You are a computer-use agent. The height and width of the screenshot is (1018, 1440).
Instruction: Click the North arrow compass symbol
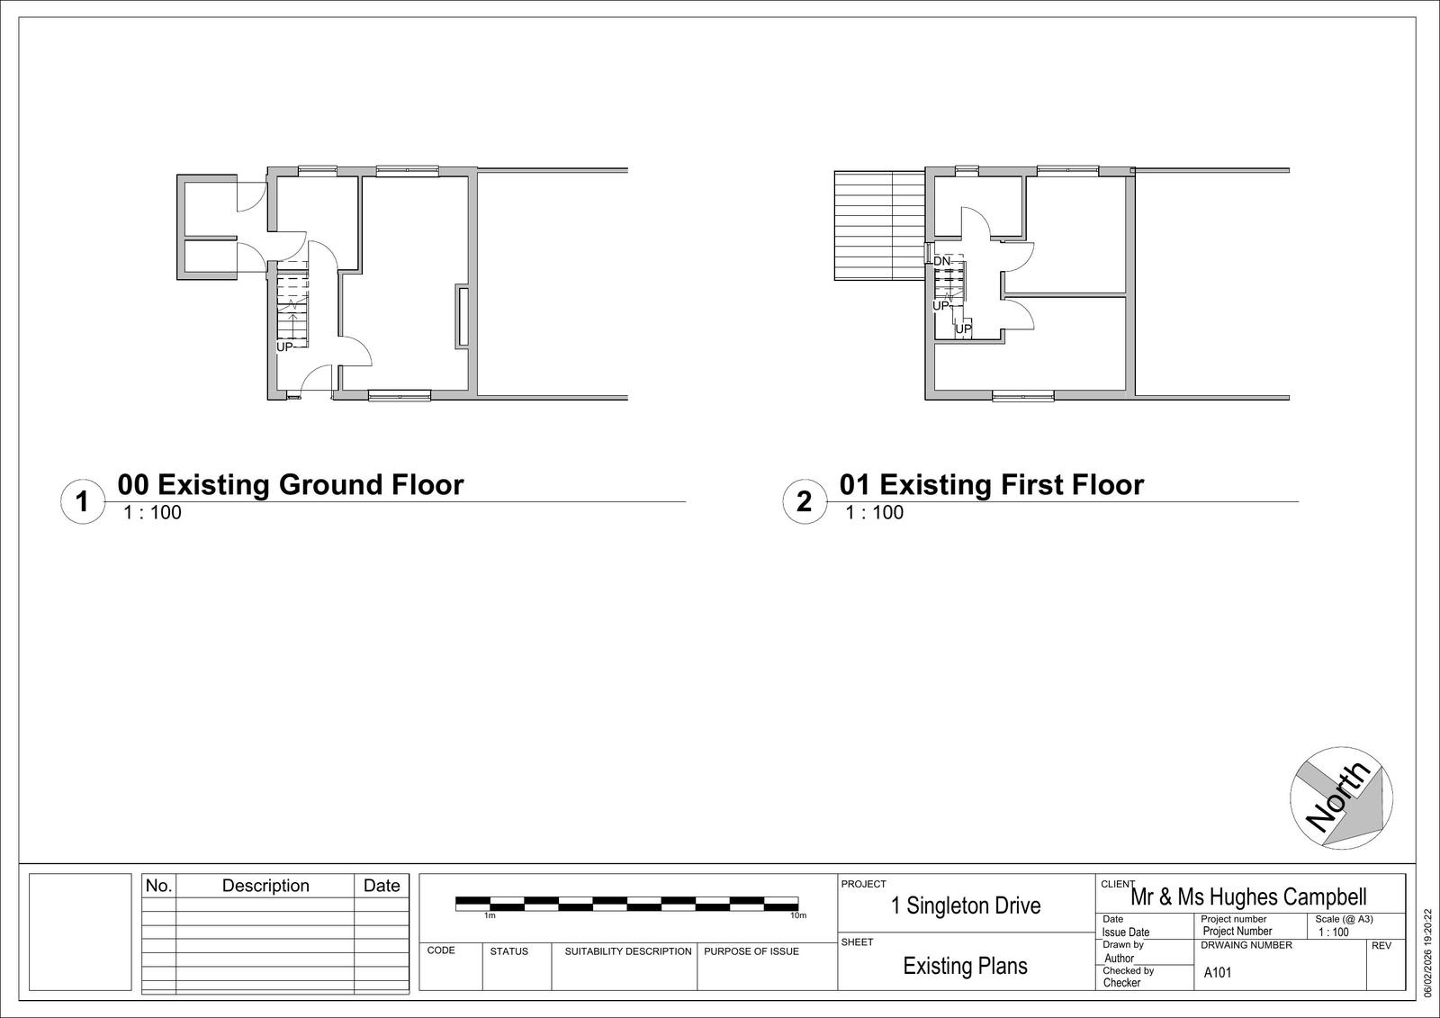click(x=1342, y=798)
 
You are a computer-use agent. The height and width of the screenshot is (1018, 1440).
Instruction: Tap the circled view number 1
click(x=82, y=501)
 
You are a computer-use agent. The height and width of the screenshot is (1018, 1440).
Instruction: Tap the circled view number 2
click(x=805, y=501)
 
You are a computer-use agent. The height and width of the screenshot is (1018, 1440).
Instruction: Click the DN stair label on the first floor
click(x=941, y=262)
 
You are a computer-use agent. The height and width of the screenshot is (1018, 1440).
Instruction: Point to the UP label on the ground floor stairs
click(x=284, y=347)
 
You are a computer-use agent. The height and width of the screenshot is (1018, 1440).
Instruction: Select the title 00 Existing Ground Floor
click(x=291, y=484)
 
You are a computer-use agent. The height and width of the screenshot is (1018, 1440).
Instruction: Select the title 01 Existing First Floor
click(x=992, y=484)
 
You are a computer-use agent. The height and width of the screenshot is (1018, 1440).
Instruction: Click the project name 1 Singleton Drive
click(x=966, y=905)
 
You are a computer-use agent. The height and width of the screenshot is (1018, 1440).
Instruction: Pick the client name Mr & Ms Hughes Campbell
click(x=1248, y=896)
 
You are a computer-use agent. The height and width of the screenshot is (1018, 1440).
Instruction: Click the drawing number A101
click(x=1218, y=972)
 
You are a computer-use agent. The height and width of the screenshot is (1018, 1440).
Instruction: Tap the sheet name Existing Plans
click(x=965, y=966)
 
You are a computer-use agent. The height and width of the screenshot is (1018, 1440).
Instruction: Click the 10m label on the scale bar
click(x=798, y=915)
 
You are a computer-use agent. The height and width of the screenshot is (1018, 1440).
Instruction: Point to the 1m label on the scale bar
click(x=490, y=915)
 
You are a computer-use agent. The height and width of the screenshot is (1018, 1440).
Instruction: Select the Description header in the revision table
click(x=265, y=886)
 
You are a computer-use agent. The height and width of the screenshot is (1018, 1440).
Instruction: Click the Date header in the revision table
click(x=382, y=886)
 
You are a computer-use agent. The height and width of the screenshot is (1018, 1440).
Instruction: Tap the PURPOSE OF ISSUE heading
click(x=751, y=951)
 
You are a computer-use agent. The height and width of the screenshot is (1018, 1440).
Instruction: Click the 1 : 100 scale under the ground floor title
click(x=152, y=512)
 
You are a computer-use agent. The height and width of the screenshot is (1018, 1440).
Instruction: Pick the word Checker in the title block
click(x=1121, y=983)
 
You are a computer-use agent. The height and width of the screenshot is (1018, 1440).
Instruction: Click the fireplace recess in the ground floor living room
click(x=463, y=317)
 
